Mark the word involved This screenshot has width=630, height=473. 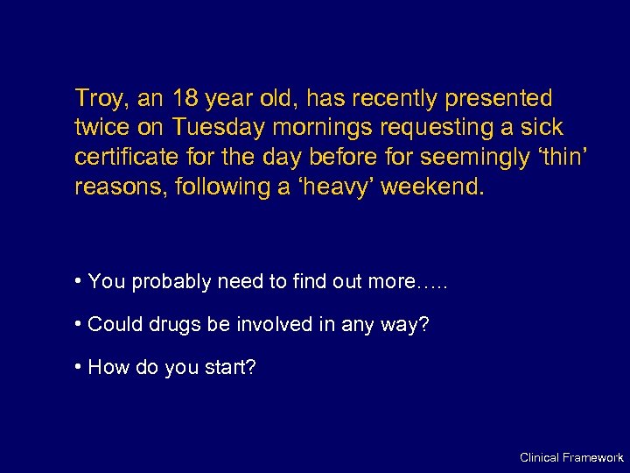tap(271, 324)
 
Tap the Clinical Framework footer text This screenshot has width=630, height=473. tap(570, 457)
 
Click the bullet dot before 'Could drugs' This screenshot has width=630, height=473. tap(79, 324)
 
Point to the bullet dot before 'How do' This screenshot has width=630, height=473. tap(79, 366)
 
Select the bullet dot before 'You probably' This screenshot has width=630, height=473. tap(79, 281)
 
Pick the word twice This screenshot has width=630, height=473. tap(102, 128)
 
